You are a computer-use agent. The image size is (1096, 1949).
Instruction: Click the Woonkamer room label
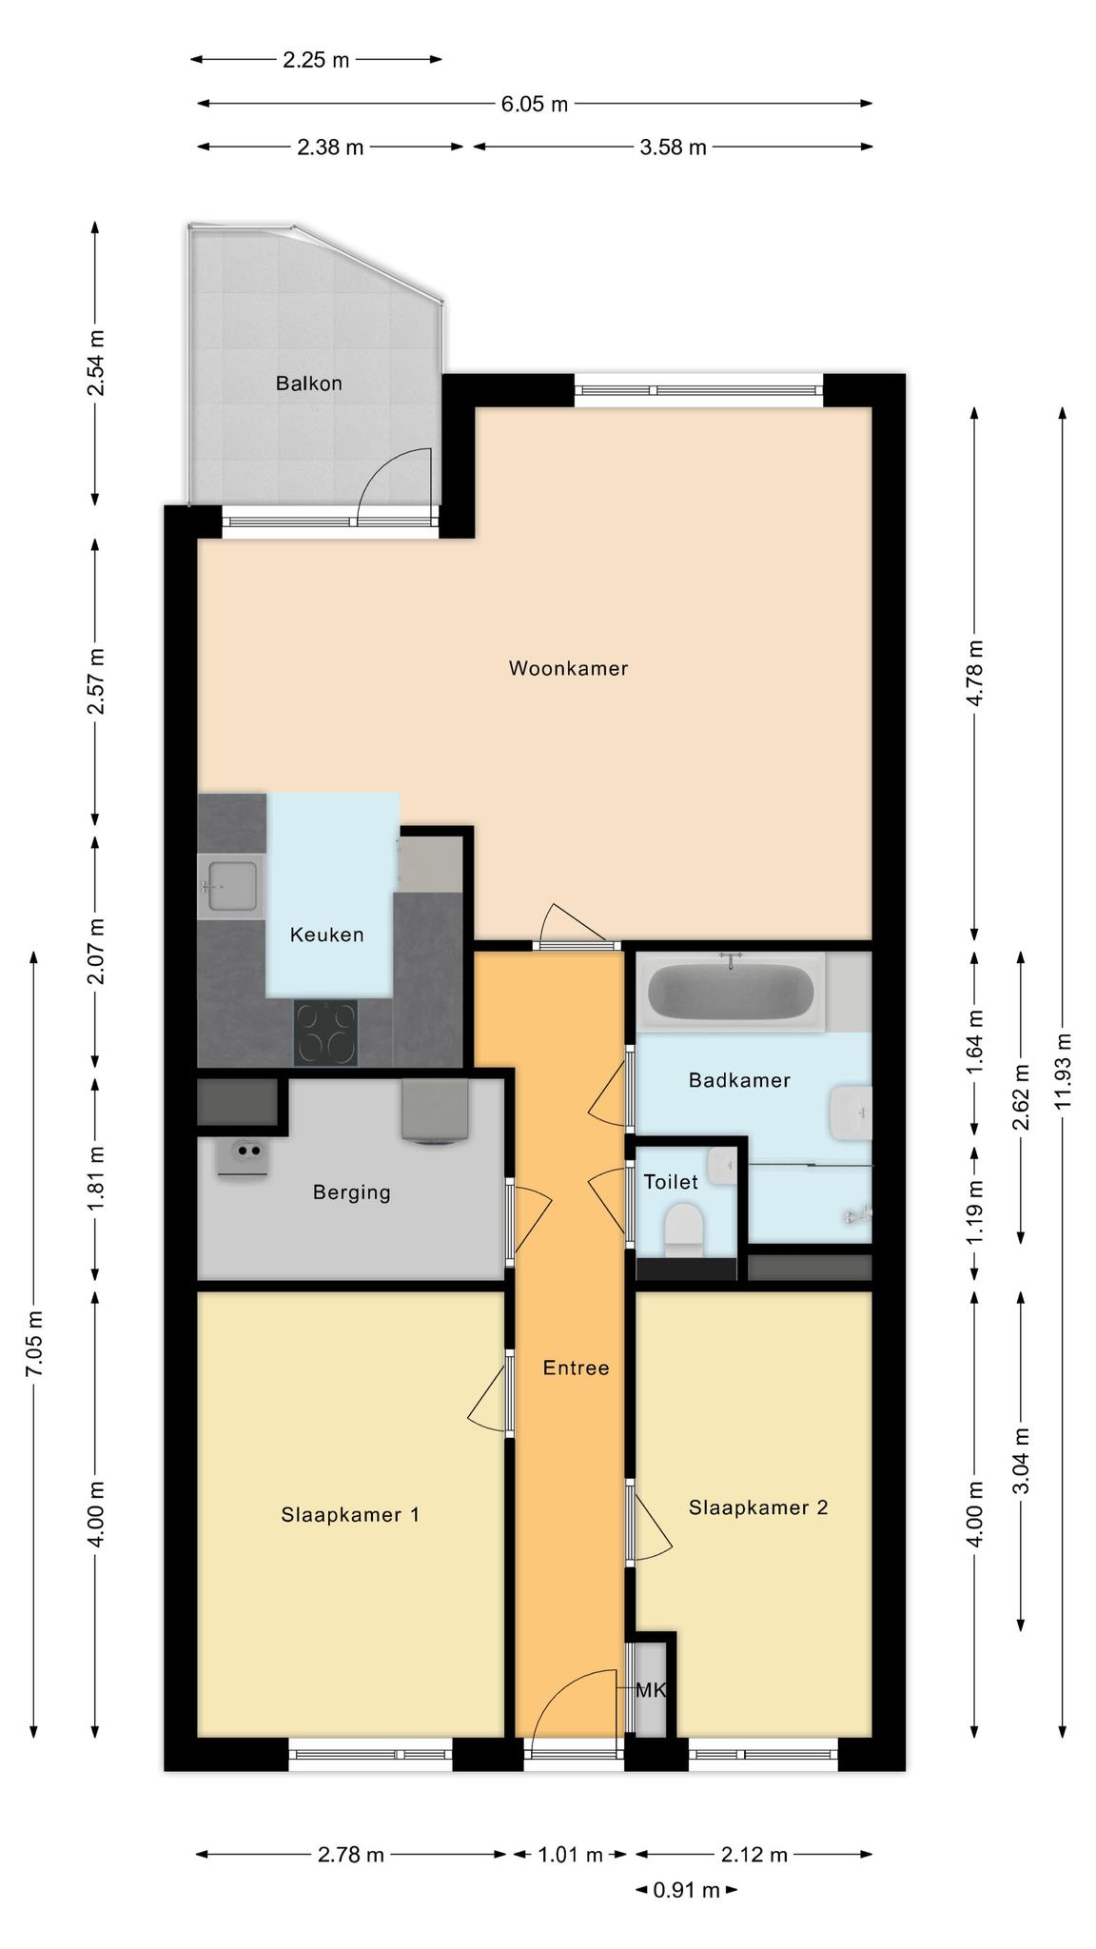click(568, 668)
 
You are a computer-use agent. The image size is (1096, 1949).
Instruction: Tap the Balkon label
click(308, 384)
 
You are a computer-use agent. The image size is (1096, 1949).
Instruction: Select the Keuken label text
click(326, 935)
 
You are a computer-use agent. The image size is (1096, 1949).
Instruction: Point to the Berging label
click(351, 1192)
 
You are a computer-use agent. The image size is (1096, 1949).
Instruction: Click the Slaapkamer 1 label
click(350, 1514)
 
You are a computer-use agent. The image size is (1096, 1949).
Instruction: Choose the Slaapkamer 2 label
click(758, 1507)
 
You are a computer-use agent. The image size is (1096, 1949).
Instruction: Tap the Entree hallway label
click(576, 1368)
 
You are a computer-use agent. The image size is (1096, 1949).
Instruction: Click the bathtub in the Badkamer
click(731, 993)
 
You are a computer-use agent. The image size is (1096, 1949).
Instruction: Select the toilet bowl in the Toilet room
click(682, 1225)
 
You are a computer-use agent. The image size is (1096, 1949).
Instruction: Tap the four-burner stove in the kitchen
click(326, 1034)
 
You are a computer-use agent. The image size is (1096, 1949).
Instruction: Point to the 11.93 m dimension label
click(1063, 1070)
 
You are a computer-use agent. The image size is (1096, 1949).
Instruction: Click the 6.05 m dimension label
click(535, 104)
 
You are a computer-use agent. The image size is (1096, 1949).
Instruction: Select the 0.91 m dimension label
click(686, 1889)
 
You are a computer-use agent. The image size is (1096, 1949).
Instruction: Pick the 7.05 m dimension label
click(34, 1343)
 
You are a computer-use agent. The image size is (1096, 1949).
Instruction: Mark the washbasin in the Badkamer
click(851, 1112)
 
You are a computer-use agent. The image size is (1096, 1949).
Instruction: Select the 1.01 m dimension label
click(570, 1854)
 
